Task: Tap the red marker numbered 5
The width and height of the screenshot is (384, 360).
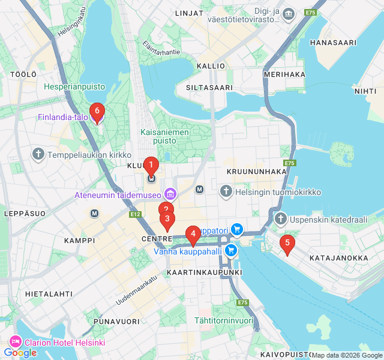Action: click(287, 243)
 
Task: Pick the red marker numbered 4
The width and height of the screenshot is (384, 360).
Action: click(193, 235)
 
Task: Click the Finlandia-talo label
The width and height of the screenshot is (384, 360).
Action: click(63, 117)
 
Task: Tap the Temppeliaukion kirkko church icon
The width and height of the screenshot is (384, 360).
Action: click(39, 154)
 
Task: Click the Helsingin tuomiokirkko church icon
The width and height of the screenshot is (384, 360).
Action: click(226, 192)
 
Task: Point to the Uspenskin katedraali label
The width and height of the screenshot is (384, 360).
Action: click(329, 220)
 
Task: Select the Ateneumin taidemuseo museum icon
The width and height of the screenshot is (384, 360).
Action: click(170, 194)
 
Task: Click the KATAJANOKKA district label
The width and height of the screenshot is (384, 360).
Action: click(338, 258)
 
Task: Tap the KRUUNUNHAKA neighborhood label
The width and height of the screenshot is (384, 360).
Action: click(257, 172)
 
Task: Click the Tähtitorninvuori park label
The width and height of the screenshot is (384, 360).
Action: click(224, 320)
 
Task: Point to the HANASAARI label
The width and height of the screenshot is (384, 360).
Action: click(333, 43)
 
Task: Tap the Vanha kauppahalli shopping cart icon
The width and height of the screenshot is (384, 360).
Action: click(231, 251)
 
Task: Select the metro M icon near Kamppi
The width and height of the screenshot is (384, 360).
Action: click(94, 213)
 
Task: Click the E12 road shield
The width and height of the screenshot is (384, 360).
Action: click(135, 214)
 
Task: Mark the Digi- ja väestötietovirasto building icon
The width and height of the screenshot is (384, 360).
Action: click(289, 14)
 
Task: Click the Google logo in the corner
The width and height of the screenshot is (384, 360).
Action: click(20, 353)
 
